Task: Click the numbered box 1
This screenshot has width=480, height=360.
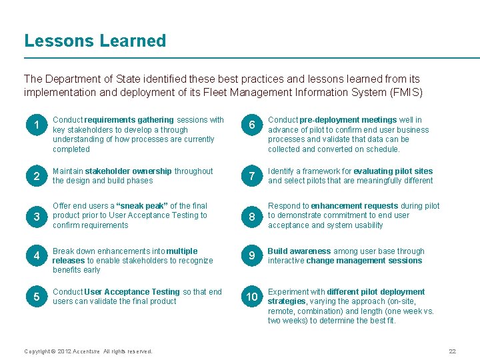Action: pos(36,125)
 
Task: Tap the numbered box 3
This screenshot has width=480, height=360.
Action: pos(36,217)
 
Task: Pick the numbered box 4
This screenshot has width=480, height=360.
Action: pos(36,256)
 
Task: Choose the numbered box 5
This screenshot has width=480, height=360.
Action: pos(36,297)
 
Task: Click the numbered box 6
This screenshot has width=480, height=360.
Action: pos(251,125)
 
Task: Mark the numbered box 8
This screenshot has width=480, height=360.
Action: pos(251,217)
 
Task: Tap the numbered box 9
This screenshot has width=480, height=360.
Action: pos(251,256)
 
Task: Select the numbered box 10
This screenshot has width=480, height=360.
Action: pos(251,297)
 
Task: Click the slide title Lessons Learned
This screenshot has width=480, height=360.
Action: pos(95,41)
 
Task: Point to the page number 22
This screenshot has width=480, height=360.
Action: pos(452,351)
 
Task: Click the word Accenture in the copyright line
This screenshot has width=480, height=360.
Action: pos(87,351)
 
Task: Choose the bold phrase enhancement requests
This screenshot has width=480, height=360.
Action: pos(355,206)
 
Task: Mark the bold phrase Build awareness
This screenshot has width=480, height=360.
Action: pos(299,251)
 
